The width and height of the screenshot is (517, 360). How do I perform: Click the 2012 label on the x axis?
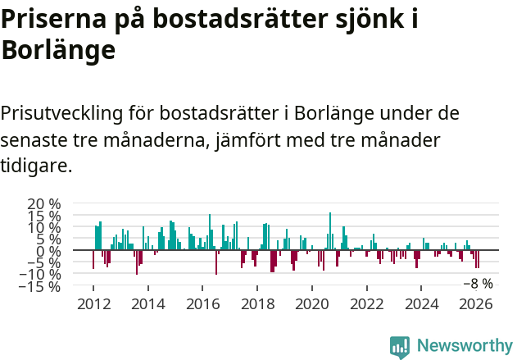pos(93,303)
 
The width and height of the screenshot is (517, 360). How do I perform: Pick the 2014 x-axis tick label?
pos(147,303)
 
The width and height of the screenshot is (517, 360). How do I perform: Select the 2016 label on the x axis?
pos(202,303)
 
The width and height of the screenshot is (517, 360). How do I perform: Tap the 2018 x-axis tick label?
pos(257,303)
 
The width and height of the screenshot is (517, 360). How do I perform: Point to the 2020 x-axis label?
pos(312,303)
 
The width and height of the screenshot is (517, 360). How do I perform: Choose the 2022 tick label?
pos(367,303)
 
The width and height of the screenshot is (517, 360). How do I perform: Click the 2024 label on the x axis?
pos(422,303)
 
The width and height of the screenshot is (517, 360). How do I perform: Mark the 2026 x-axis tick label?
pos(477,303)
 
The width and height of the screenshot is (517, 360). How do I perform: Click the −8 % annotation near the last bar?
pos(478,284)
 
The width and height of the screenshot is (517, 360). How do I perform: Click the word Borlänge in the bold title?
pos(57,51)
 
